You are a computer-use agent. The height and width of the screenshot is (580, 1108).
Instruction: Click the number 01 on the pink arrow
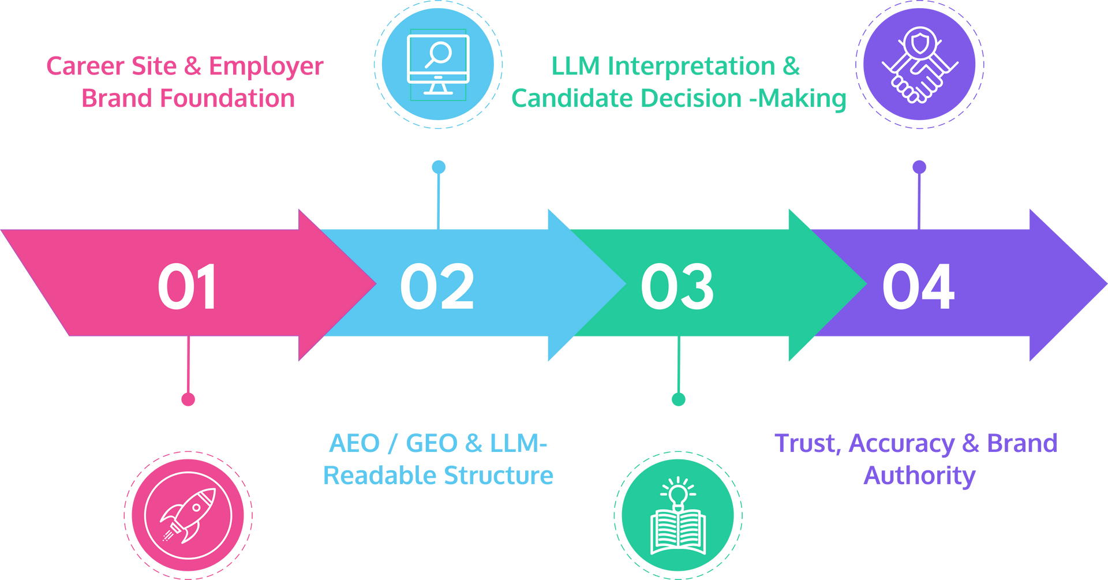pos(187,287)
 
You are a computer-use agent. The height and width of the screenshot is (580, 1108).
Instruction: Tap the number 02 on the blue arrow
pos(437,287)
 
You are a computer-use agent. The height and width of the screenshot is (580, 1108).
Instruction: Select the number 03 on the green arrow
pos(677,287)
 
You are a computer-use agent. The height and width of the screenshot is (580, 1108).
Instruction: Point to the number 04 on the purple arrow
pos(918,287)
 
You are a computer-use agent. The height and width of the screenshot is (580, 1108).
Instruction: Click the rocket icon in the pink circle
pos(188,515)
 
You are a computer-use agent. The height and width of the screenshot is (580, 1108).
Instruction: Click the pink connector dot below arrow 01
pos(188,399)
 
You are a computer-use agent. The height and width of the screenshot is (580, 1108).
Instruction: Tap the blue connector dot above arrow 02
pos(439,167)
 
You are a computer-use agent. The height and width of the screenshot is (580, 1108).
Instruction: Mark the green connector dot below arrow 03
pos(679,399)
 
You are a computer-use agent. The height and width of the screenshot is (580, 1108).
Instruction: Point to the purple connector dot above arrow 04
pos(919,167)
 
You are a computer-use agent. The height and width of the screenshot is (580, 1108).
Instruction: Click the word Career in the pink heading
pos(84,66)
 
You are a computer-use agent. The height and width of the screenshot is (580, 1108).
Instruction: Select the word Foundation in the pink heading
pos(227,98)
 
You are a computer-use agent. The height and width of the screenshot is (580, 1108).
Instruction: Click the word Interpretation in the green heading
pos(692,66)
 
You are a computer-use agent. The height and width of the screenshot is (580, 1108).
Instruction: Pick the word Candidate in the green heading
pos(572,98)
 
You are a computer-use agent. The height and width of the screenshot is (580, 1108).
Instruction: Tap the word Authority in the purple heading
pos(919,476)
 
